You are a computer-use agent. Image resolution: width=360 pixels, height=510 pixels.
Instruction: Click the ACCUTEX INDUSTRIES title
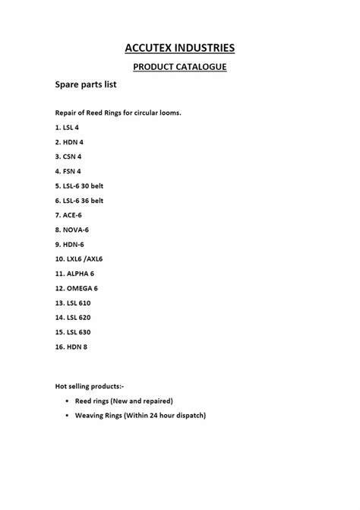tap(180, 49)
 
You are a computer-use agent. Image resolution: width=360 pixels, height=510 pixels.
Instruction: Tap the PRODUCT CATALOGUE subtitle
tap(180, 67)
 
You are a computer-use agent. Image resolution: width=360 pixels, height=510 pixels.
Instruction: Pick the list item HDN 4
tap(69, 141)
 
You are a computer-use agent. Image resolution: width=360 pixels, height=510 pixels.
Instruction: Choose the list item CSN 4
tap(68, 156)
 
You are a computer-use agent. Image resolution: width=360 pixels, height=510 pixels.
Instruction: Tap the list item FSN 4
tap(68, 171)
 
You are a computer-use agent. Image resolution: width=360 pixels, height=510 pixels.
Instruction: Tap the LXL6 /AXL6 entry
tap(80, 259)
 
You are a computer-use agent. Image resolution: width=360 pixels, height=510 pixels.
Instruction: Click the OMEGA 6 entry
tap(77, 288)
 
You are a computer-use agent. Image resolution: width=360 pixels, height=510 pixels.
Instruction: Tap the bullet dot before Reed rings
tap(68, 401)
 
